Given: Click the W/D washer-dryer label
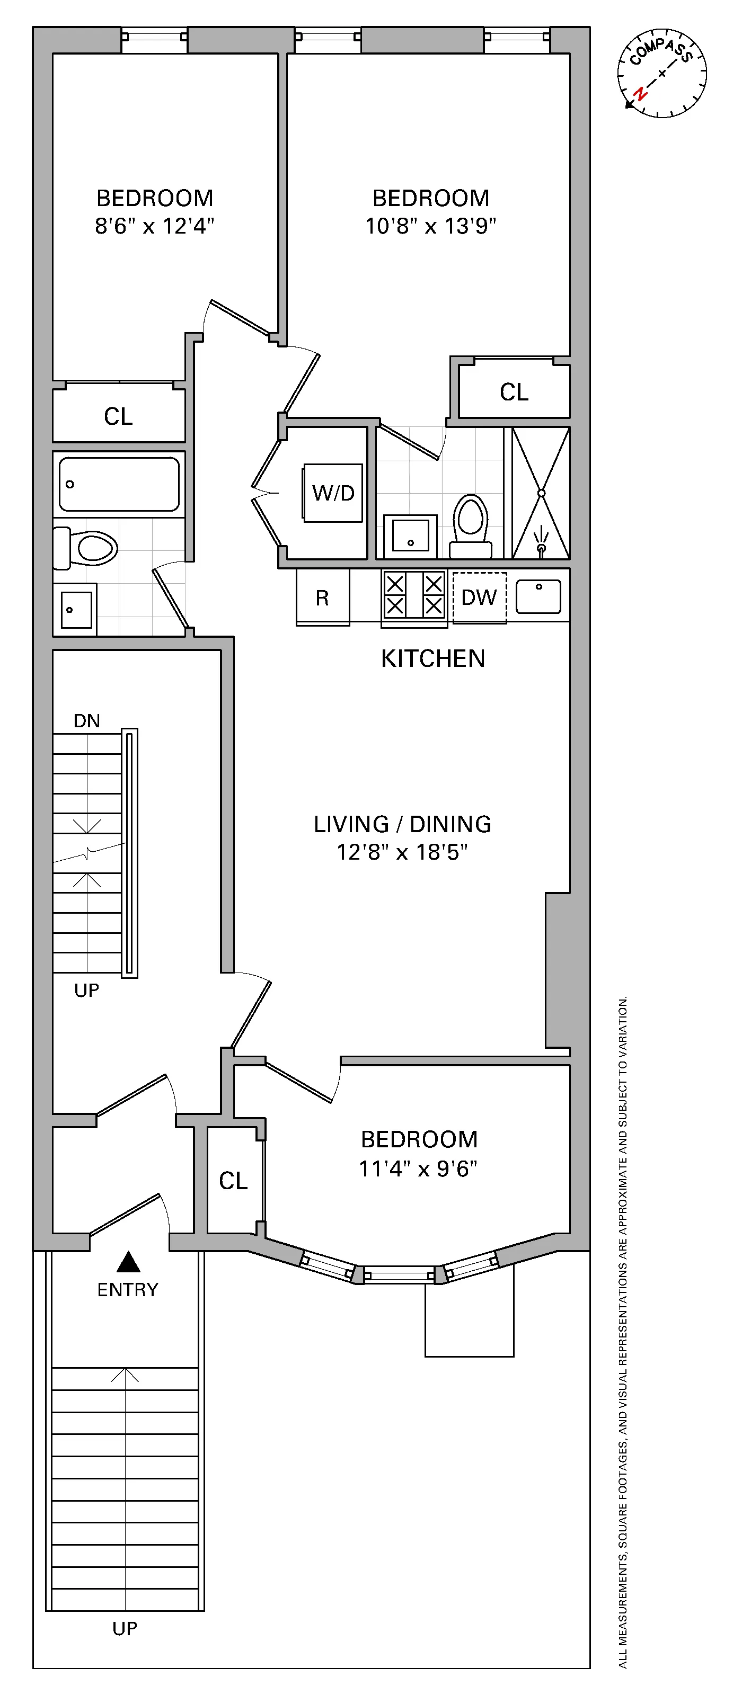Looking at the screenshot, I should pos(333,493).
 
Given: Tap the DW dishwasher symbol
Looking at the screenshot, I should pos(479,597).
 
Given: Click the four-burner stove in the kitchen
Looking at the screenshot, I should pos(414,595).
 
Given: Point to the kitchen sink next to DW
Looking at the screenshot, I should pos(538,596).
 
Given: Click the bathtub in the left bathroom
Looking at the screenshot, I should pos(119,484).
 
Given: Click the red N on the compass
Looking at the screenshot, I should pos(639,93).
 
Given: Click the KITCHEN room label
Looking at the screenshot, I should pos(432,658).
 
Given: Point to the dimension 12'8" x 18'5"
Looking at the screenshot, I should pos(402,852).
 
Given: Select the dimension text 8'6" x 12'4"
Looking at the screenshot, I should pos(154,226).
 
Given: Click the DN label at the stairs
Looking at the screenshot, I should pos(87,720).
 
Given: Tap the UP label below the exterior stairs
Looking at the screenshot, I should pos(125,1629).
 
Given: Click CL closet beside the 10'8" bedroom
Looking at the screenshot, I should pos(514,392).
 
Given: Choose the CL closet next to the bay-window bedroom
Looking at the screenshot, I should pos(233,1181).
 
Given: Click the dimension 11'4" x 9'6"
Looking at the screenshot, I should pos(418,1168).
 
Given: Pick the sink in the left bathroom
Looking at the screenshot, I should pos(76,609).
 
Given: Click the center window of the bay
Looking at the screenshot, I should pos(400,1275).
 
